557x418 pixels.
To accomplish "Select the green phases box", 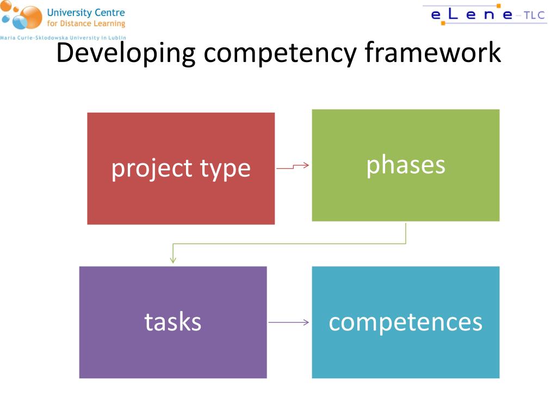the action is tap(405, 196).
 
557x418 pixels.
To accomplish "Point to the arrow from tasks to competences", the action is tap(288, 323).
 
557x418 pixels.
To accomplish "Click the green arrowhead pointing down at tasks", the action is tap(173, 260).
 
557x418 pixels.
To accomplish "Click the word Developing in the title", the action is tap(126, 53).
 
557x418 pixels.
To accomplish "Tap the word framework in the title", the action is tap(433, 53).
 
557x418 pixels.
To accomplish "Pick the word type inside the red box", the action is tap(225, 169).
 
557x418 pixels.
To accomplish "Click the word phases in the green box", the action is tap(405, 164).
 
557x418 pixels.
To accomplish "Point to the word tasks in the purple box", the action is tap(172, 322).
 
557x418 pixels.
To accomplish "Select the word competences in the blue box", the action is tap(405, 322).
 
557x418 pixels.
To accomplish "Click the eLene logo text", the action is tap(471, 15).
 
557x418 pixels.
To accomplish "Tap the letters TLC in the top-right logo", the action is tap(534, 15).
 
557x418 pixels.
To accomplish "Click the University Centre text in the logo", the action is tap(86, 13).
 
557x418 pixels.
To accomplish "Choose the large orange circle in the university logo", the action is tap(31, 17).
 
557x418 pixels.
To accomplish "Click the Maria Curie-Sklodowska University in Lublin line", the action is tap(63, 38).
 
